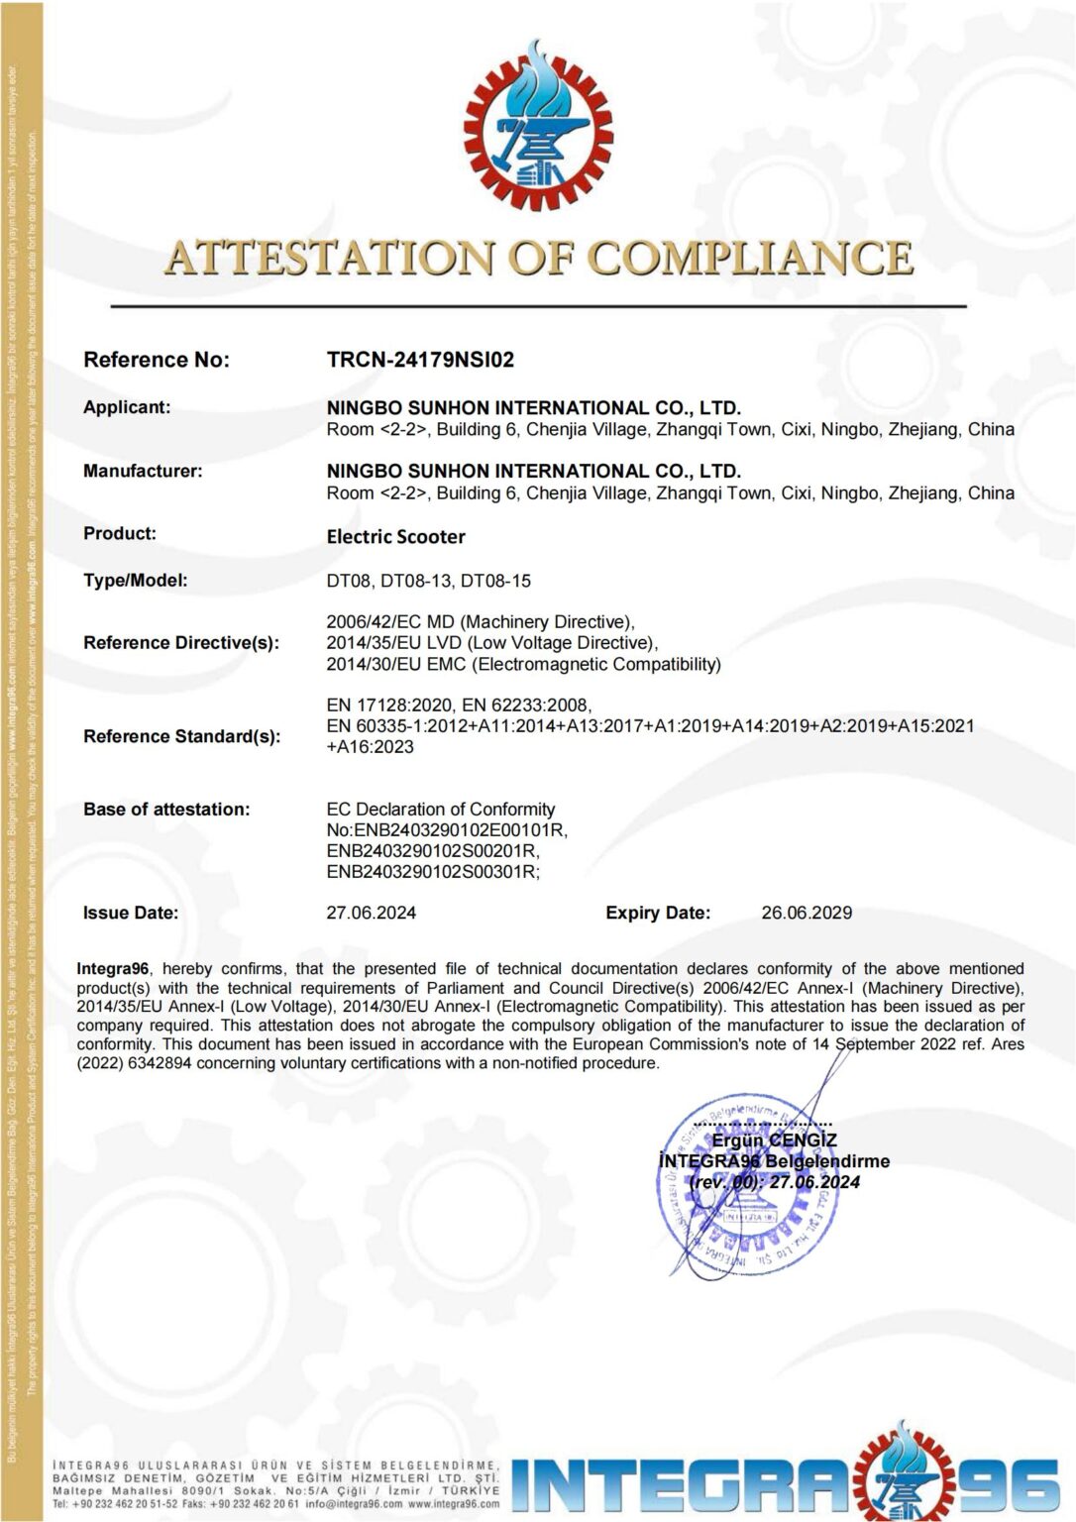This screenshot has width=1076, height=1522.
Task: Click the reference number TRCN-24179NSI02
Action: point(420,360)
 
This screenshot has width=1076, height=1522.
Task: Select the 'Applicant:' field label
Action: point(127,407)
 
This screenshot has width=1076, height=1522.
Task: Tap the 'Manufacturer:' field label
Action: point(143,471)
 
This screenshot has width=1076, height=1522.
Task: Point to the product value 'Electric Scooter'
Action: point(395,537)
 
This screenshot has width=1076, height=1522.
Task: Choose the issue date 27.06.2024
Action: point(371,913)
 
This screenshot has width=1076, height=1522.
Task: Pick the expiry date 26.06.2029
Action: point(807,913)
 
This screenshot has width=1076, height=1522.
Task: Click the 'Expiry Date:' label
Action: point(658,913)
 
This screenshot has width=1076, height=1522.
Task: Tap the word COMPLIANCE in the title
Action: point(750,259)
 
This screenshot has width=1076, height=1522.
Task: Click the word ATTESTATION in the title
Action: point(329,259)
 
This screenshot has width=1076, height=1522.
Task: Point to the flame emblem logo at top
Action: point(538,124)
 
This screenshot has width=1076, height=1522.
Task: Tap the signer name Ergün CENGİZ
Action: point(774,1141)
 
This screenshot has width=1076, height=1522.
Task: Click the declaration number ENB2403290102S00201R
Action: point(432,851)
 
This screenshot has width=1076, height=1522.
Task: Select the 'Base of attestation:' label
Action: point(166,810)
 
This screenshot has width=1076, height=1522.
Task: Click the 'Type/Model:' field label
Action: point(136,581)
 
